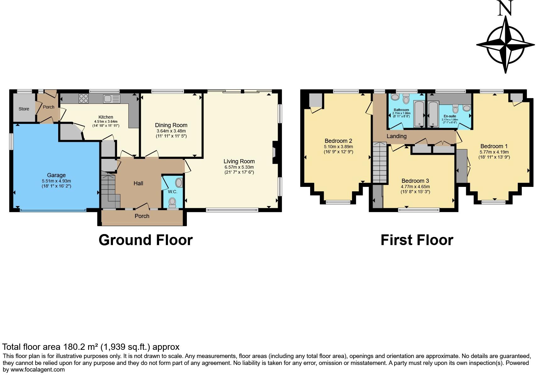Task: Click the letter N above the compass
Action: (505, 8)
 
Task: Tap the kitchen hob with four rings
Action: (84, 99)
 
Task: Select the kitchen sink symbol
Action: (111, 99)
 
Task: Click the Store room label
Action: (24, 109)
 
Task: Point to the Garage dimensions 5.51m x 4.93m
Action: (56, 181)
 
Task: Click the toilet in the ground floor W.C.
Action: (172, 201)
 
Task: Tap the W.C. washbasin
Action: (179, 183)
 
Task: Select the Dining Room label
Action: (171, 125)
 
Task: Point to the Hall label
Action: (138, 183)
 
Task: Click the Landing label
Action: (396, 136)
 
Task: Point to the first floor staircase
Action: (380, 162)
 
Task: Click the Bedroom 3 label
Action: (415, 181)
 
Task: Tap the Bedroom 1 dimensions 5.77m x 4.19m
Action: (494, 152)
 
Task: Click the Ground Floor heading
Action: (145, 240)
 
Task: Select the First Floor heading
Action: (417, 240)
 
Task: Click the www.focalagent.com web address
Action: (37, 370)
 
